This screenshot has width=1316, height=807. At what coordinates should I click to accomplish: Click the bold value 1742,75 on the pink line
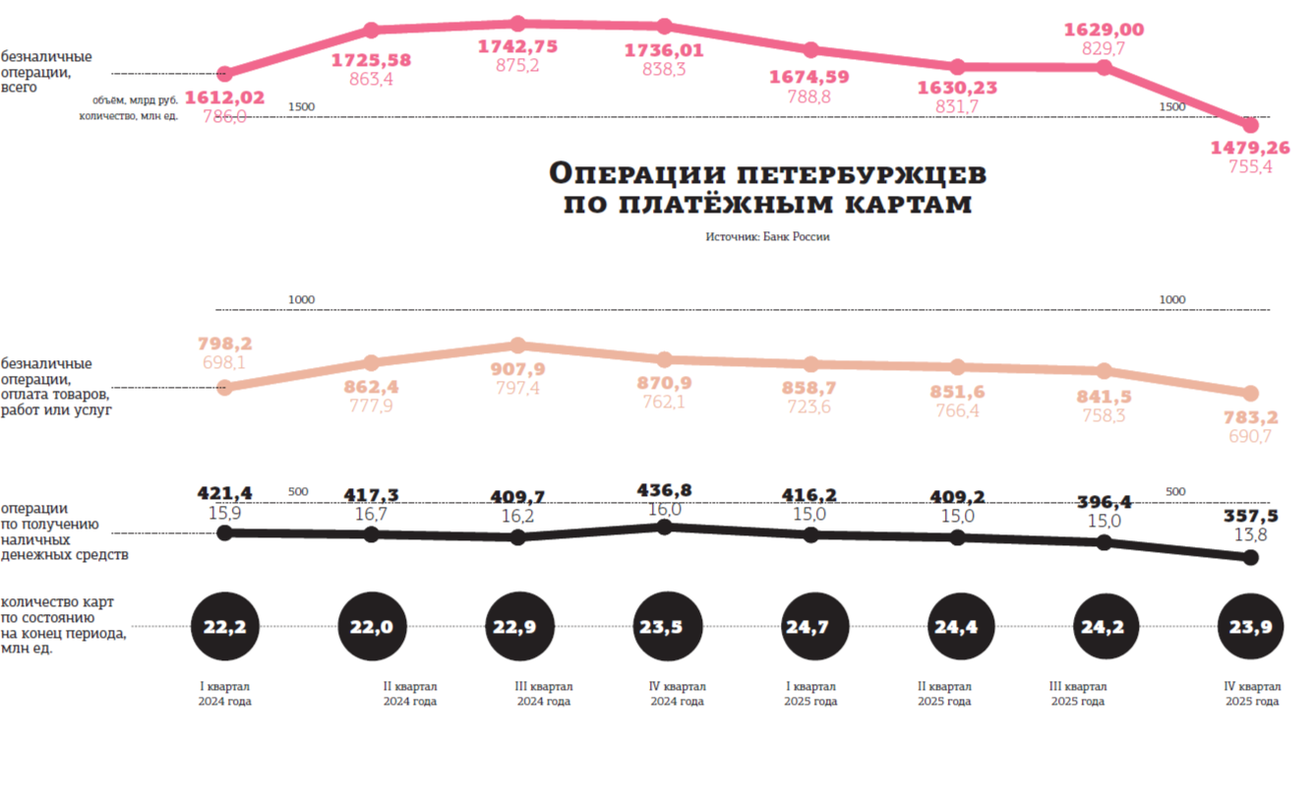click(x=517, y=46)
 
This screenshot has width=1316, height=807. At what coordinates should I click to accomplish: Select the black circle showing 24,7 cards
click(x=810, y=626)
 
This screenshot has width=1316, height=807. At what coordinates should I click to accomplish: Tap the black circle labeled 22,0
click(x=372, y=626)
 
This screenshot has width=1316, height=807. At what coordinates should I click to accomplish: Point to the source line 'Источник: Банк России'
click(x=767, y=237)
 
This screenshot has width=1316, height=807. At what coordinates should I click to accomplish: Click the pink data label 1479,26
click(x=1249, y=148)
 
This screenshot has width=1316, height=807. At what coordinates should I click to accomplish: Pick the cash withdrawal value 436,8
click(x=665, y=490)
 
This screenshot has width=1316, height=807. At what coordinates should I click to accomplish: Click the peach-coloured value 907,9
click(x=518, y=370)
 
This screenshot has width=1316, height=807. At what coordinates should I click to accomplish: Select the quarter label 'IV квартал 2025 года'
click(x=1252, y=694)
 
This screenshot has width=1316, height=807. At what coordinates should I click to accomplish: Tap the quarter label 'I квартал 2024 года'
click(x=225, y=694)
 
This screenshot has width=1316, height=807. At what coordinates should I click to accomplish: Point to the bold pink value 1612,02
click(x=225, y=97)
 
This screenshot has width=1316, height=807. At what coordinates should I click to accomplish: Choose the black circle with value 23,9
click(x=1251, y=626)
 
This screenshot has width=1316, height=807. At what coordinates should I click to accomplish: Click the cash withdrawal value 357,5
click(x=1251, y=515)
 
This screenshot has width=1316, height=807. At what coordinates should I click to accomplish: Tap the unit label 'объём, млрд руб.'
click(x=136, y=100)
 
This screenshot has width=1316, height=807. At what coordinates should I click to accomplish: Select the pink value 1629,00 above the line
click(x=1104, y=30)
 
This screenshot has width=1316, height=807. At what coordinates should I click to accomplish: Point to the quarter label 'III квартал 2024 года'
click(x=544, y=694)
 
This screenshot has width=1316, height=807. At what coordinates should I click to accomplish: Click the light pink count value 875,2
click(x=517, y=65)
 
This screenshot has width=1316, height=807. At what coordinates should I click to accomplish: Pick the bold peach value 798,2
click(x=225, y=343)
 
